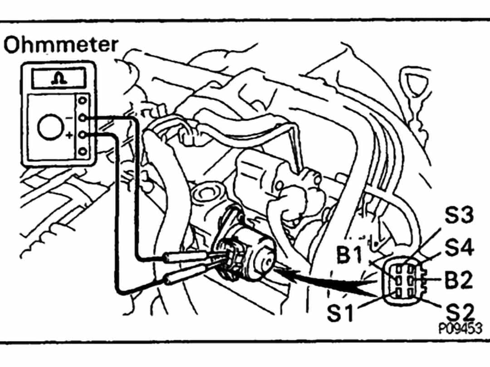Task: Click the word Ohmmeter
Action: pos(61,46)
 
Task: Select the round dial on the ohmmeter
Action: pos(49,127)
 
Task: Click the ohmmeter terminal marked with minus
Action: pos(83,118)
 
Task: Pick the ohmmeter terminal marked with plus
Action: pos(83,135)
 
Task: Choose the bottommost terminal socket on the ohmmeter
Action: pos(83,152)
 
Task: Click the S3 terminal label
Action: pos(459,216)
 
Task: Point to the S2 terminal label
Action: pos(459,312)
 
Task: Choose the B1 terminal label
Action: pos(350,256)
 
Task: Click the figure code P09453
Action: pos(460,328)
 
